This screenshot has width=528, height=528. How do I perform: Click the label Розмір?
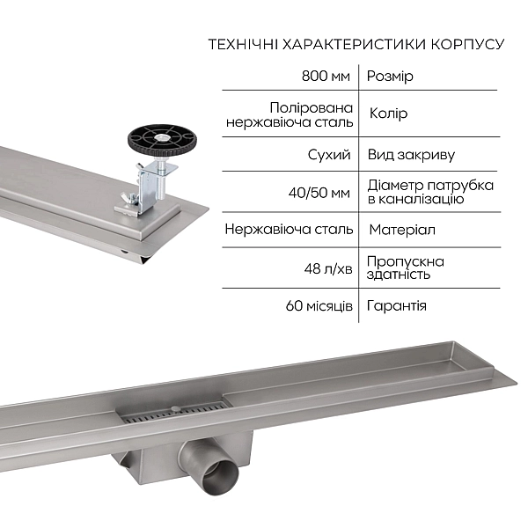390,77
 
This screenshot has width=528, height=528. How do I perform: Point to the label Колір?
387,114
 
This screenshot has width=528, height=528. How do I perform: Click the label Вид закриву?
411,155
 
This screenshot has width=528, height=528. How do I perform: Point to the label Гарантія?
397,305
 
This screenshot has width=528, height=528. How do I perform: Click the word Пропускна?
405,261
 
